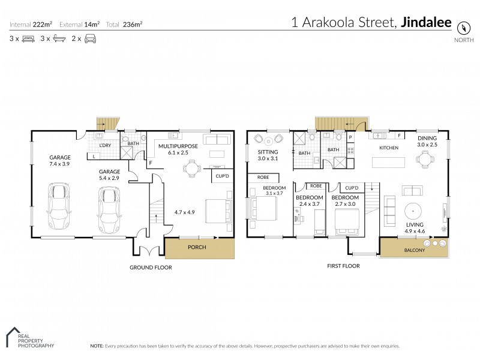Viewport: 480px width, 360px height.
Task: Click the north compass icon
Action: pyautogui.click(x=463, y=28)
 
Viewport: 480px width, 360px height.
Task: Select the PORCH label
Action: pyautogui.click(x=197, y=247)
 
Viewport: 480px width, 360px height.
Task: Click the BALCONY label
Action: pyautogui.click(x=414, y=250)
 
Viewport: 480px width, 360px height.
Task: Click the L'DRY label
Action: pyautogui.click(x=105, y=146)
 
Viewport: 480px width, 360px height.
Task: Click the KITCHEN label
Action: pyautogui.click(x=390, y=147)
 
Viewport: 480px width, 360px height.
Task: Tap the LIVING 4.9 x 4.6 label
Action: pyautogui.click(x=415, y=227)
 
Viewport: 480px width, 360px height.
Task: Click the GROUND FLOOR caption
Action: pyautogui.click(x=151, y=268)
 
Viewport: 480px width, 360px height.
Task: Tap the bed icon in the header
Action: pyautogui.click(x=28, y=38)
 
